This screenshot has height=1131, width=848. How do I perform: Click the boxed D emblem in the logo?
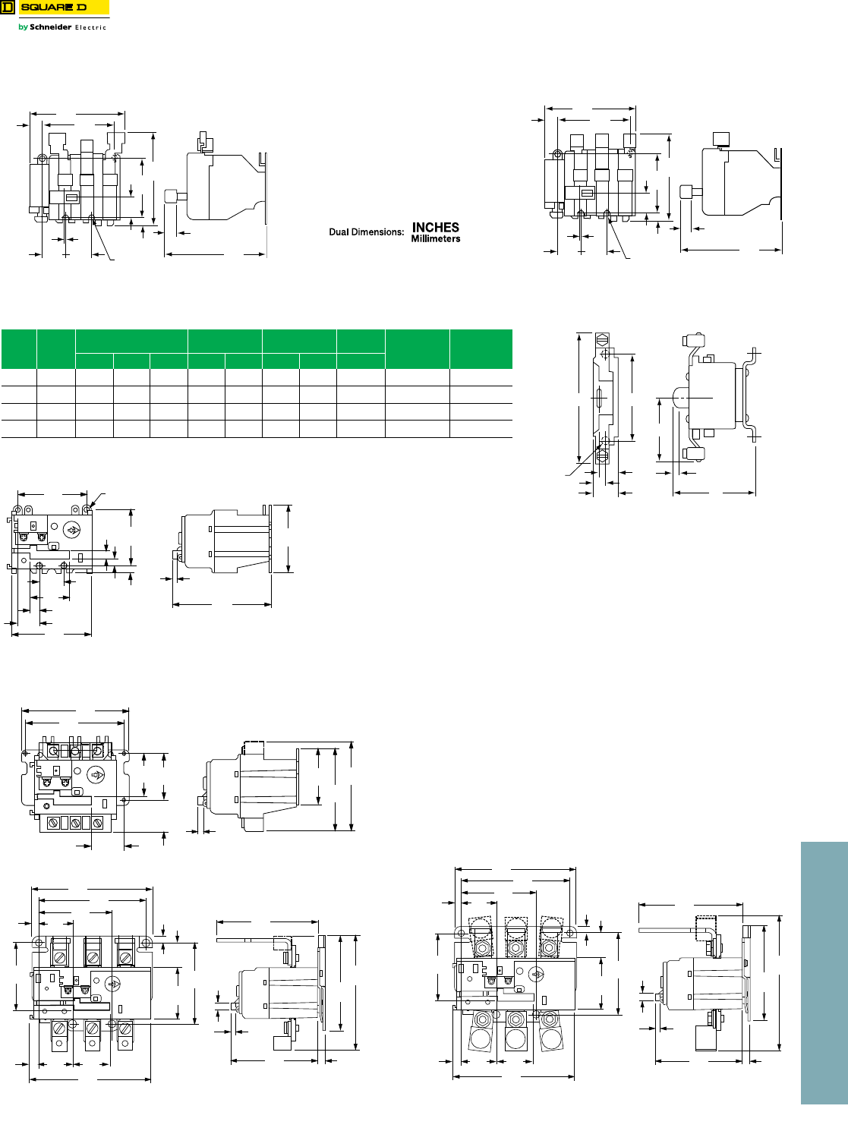[x=8, y=8]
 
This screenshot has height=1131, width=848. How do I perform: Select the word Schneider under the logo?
[x=51, y=27]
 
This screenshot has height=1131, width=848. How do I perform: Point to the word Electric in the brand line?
[x=90, y=27]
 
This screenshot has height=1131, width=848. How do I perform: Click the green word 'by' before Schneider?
[x=23, y=27]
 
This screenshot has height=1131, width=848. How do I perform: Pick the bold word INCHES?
[x=435, y=227]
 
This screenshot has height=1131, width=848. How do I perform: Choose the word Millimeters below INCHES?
[x=435, y=238]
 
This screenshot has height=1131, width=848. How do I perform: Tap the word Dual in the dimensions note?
[x=340, y=232]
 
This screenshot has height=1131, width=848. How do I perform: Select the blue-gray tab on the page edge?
[x=824, y=973]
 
